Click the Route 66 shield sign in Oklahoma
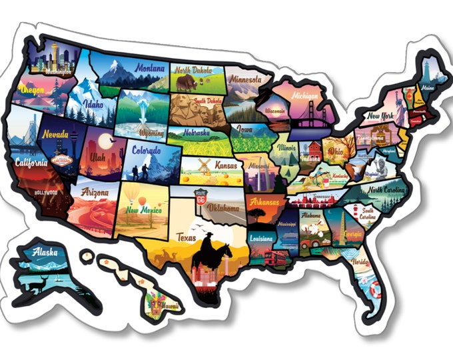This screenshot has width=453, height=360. [200, 195]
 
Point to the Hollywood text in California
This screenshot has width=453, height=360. [45, 193]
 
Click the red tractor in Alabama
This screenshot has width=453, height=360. [308, 243]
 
